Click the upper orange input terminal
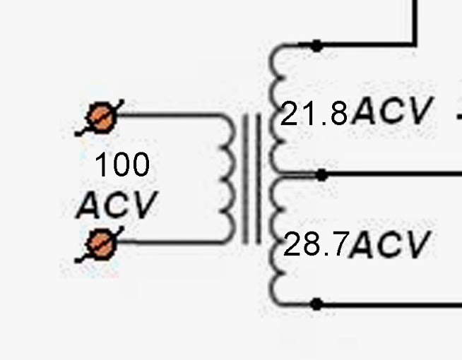(x=101, y=117)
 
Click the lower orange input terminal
(x=101, y=244)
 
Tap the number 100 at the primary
(x=122, y=164)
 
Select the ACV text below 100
(x=117, y=205)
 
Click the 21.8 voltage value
(x=314, y=113)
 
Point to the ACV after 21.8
(x=393, y=110)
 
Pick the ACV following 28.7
(x=389, y=244)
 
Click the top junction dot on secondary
(x=316, y=46)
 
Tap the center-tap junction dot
(x=321, y=175)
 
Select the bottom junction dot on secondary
(x=316, y=304)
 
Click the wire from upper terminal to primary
(x=169, y=115)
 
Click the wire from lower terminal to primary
(x=170, y=242)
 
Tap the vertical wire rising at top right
(x=415, y=22)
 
